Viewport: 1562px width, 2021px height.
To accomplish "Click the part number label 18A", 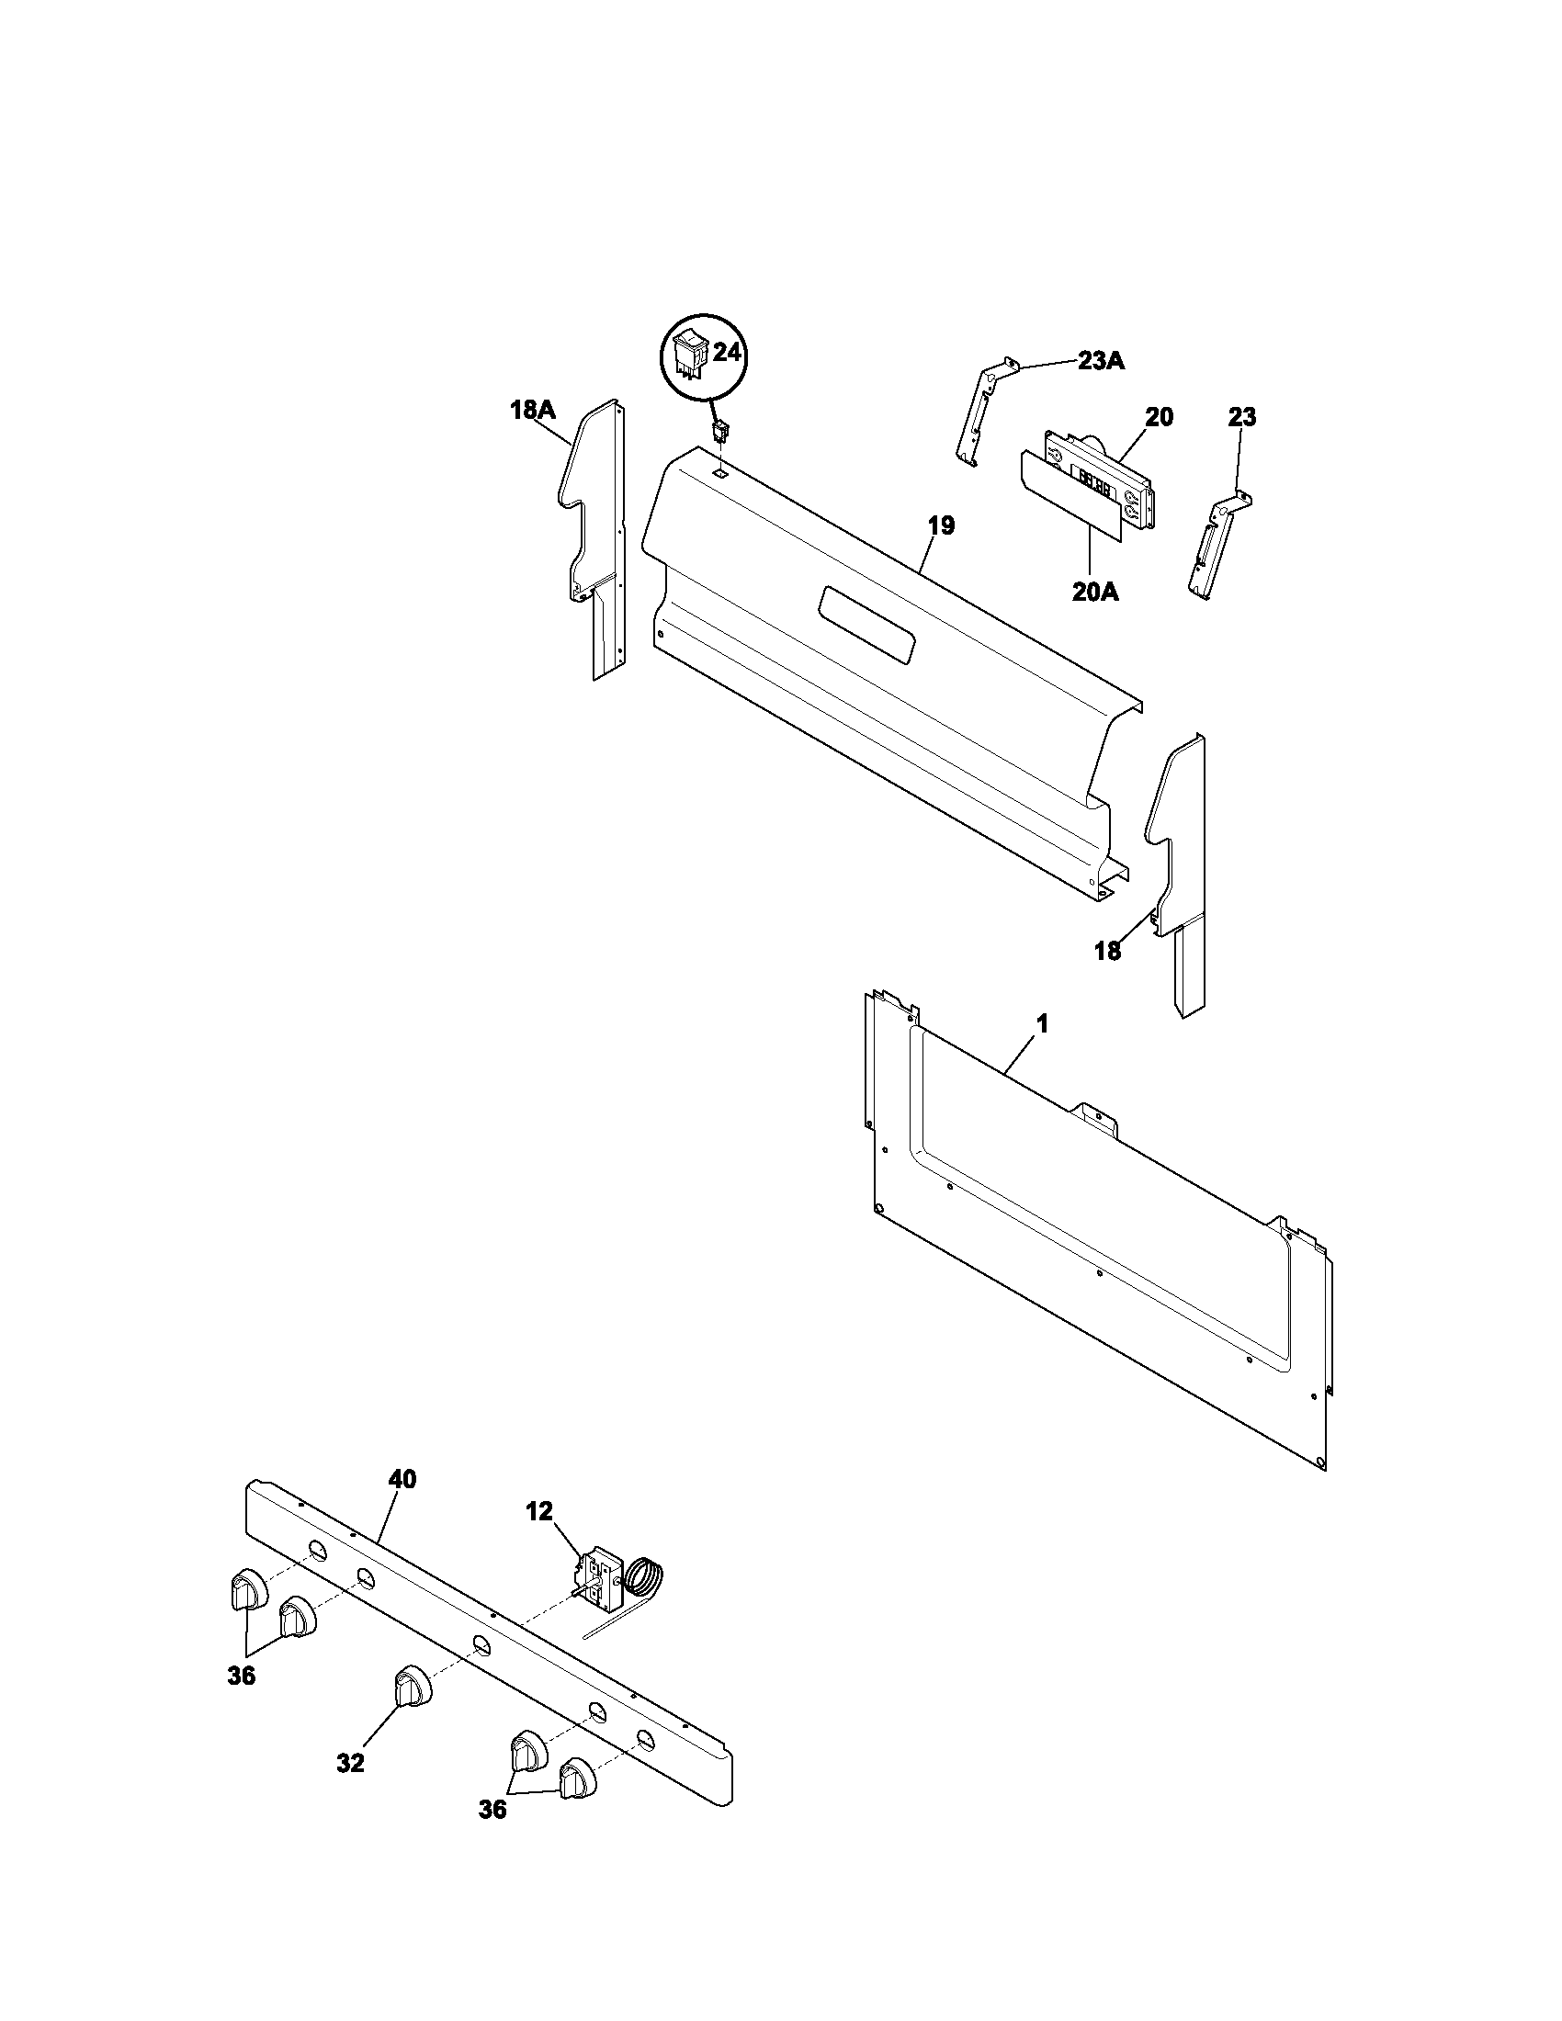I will pos(532,410).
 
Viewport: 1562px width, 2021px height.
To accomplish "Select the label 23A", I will pos(1100,361).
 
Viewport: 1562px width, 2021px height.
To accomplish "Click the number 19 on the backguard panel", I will pos(941,525).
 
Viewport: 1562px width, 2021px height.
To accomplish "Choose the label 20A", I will pos(1095,593).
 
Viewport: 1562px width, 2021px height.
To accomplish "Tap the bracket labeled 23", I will pos(1216,546).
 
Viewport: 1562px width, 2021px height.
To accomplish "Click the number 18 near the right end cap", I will pos(1108,951).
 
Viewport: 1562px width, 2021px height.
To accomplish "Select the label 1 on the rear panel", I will pos(1042,1024).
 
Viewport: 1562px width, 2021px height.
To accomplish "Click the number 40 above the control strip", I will pos(402,1479).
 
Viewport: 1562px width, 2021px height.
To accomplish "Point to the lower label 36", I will pos(492,1835).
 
